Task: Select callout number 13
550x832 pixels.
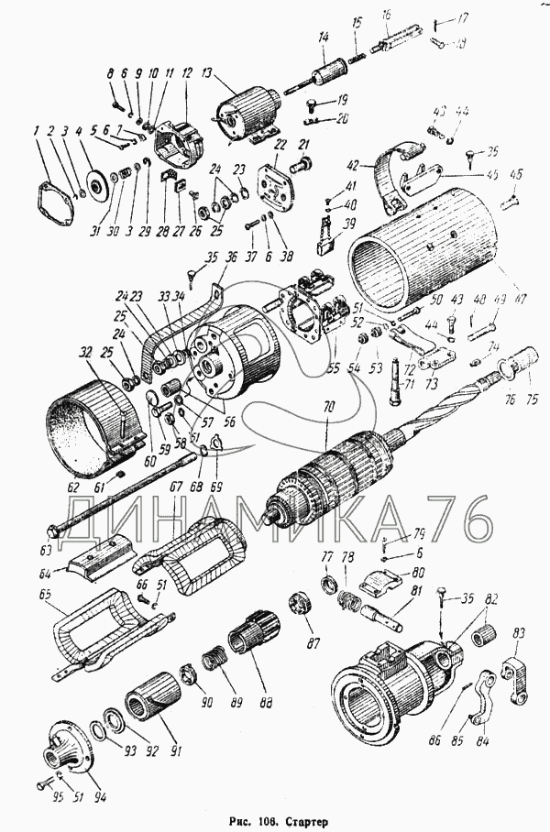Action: tap(206, 74)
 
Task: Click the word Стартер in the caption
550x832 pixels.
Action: tap(309, 822)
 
